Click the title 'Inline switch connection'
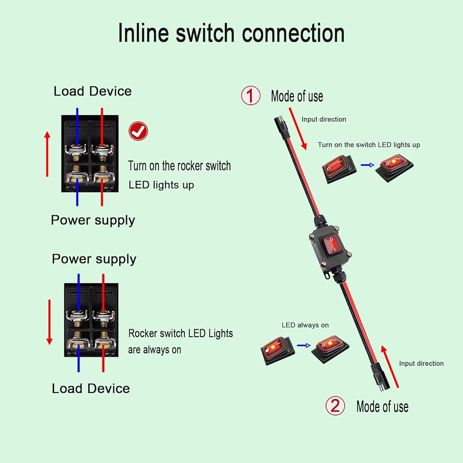(x=231, y=33)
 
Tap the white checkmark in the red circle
(x=138, y=131)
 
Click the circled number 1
(x=250, y=96)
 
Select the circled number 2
(x=335, y=406)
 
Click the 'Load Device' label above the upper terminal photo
(x=93, y=91)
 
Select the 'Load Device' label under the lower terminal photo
(x=91, y=388)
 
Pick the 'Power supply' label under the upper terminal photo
(x=93, y=220)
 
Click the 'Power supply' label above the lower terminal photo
(x=94, y=259)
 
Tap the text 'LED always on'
(x=305, y=325)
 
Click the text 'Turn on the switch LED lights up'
(x=369, y=145)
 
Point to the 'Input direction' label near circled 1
(x=324, y=119)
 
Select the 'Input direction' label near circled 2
(x=421, y=363)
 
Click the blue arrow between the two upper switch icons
(x=367, y=165)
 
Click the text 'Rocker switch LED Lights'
(x=181, y=333)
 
